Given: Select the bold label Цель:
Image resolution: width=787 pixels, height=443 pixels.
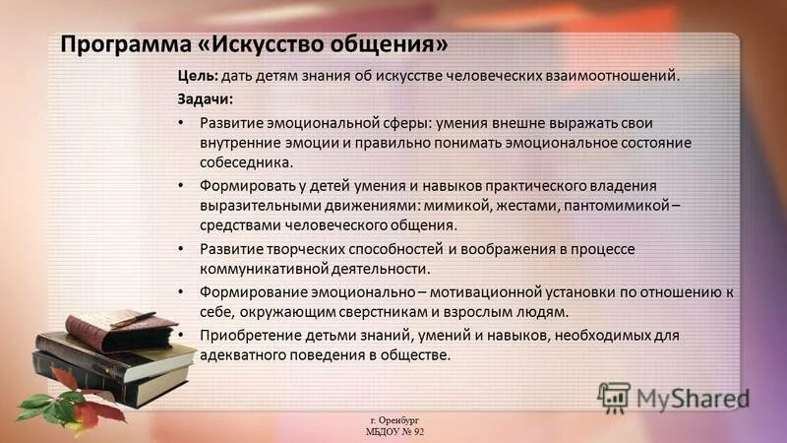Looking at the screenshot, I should pyautogui.click(x=197, y=76).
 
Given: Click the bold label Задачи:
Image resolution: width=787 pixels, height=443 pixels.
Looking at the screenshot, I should pyautogui.click(x=206, y=99).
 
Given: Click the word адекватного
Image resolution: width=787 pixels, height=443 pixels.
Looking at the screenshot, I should pyautogui.click(x=242, y=355).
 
